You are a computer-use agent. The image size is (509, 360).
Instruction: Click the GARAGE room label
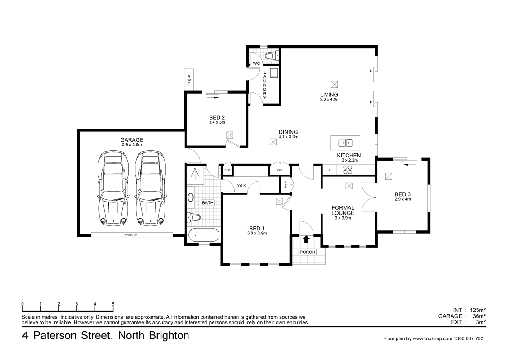tap(131, 140)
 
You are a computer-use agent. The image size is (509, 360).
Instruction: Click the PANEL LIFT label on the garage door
tap(132, 235)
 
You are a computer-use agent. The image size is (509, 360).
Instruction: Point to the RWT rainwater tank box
tap(189, 80)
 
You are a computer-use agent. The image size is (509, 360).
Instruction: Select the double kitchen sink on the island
tap(345, 143)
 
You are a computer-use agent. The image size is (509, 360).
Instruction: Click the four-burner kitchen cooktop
tap(348, 170)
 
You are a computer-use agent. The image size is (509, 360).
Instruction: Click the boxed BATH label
tap(207, 203)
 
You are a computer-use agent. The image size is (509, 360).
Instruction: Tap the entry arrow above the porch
tap(307, 239)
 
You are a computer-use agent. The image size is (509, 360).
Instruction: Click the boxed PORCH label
tap(308, 252)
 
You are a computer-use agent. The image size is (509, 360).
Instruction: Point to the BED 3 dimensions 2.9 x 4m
tap(402, 199)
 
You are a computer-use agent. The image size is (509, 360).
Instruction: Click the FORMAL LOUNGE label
tap(343, 210)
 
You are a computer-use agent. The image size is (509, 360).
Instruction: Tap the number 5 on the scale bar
tap(113, 304)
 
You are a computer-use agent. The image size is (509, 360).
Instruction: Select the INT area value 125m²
tap(477, 310)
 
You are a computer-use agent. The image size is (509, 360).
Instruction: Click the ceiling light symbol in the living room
tap(334, 84)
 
